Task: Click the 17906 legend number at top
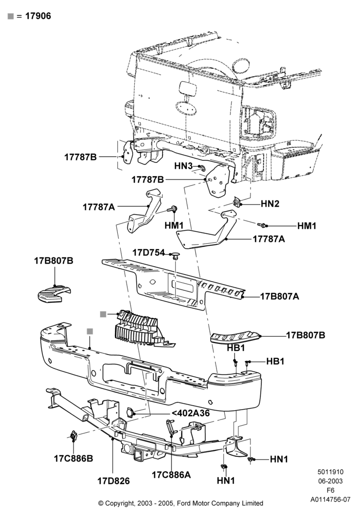point(38,16)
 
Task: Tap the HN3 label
point(183,166)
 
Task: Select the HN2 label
point(270,204)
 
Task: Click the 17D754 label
point(148,252)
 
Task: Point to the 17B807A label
point(279,297)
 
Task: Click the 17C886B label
point(74,458)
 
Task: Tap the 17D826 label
point(114,481)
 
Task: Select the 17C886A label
point(171,474)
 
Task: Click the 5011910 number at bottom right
point(330,472)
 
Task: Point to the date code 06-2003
point(330,481)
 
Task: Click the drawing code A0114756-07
point(330,500)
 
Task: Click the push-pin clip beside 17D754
point(176,255)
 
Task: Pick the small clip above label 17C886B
point(73,435)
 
